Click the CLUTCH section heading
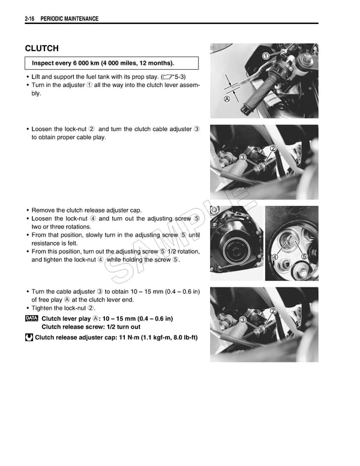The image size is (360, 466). pos(42,48)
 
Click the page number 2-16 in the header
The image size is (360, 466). pos(30,19)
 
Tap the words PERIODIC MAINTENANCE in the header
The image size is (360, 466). pos(70,19)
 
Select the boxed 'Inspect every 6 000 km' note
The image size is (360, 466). pos(112,63)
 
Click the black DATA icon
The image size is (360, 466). pos(32,318)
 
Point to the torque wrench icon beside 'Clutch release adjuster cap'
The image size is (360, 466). pos(29,337)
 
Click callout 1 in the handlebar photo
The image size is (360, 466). pos(265,56)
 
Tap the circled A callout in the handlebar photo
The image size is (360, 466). pos(227,99)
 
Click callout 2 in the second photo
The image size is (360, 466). pos(273,149)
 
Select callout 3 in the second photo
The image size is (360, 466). pos(243,157)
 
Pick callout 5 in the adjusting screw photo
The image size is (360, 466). pos(304,257)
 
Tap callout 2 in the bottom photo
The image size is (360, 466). pos(273,310)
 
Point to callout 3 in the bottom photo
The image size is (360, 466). pos(242,319)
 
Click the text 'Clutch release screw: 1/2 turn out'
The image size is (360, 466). pos(91,327)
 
